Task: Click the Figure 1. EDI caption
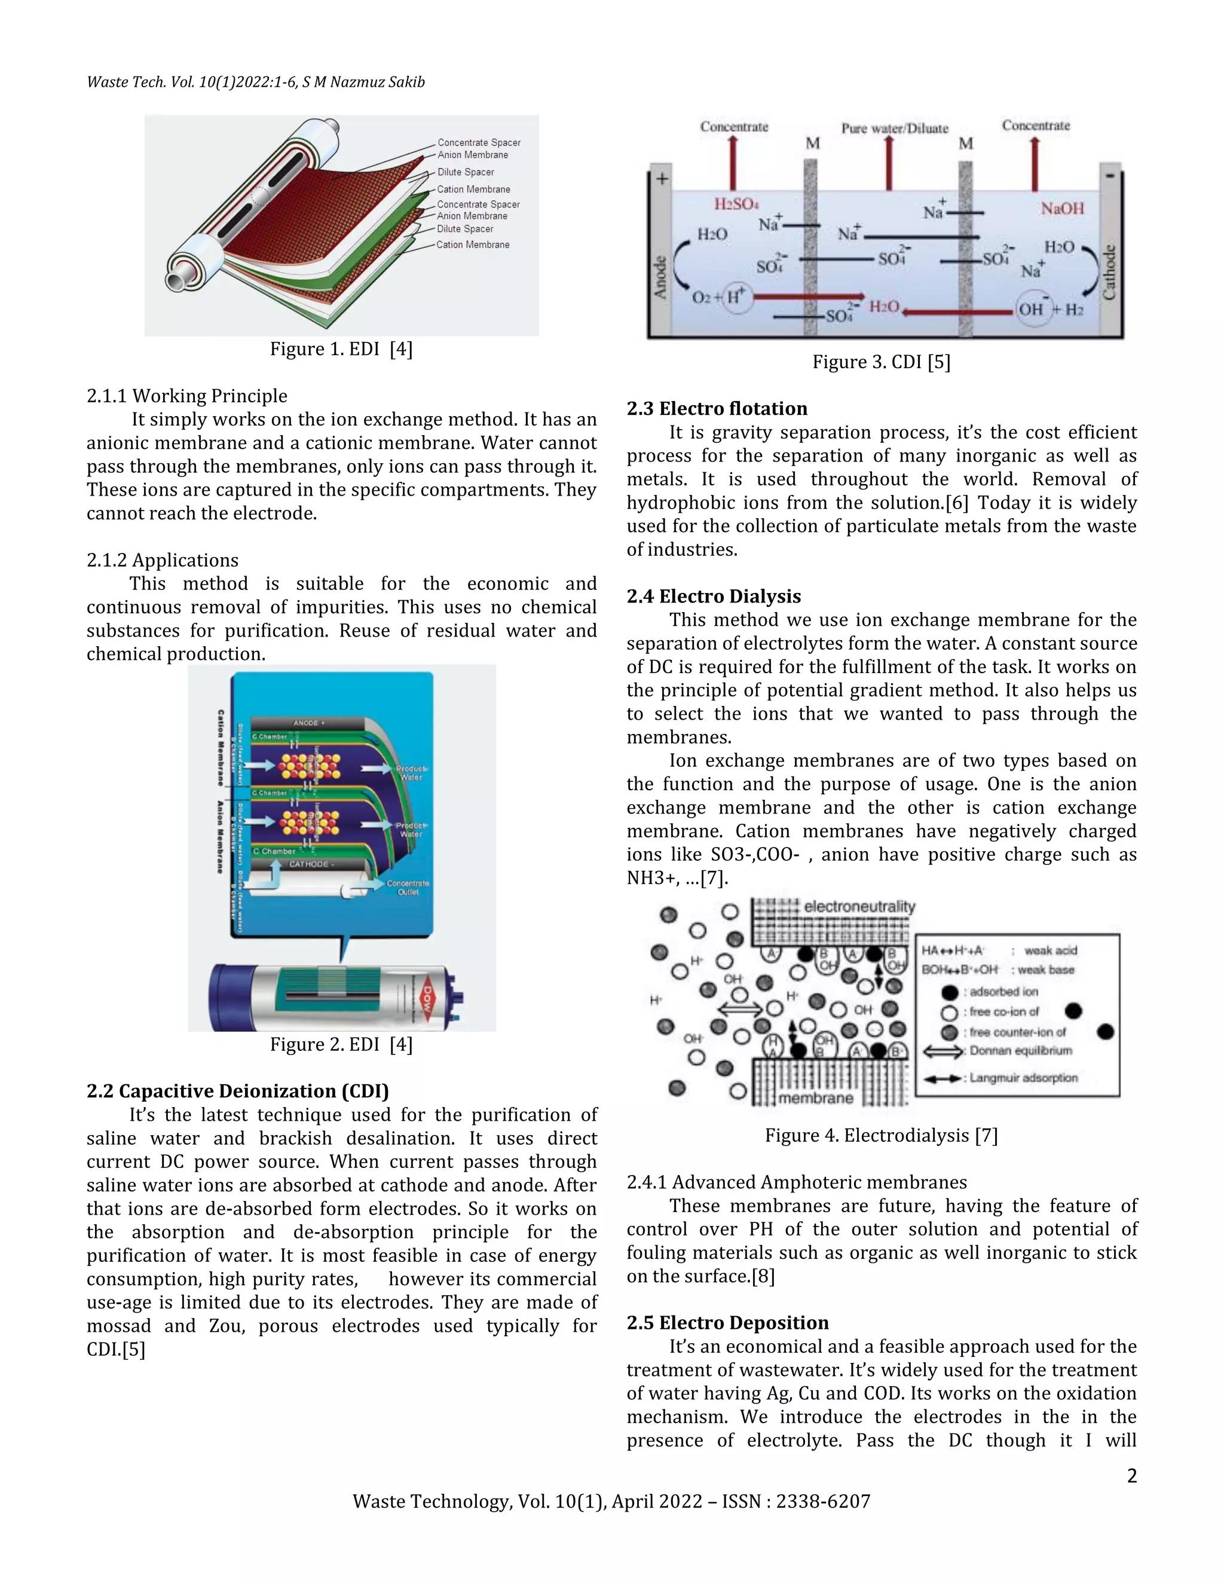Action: click(x=341, y=349)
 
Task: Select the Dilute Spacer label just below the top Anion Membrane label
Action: click(x=465, y=172)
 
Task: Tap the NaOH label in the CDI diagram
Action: click(x=1061, y=209)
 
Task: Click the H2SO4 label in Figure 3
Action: click(x=736, y=204)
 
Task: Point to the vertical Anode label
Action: click(x=660, y=277)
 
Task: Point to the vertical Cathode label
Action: click(x=1109, y=273)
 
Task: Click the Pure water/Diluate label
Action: click(x=894, y=129)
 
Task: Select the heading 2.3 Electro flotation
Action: click(x=717, y=408)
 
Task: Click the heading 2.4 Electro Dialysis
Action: click(x=714, y=596)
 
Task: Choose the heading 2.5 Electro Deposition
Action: click(x=727, y=1322)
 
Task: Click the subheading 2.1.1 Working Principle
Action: click(x=187, y=396)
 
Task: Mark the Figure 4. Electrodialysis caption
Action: click(x=881, y=1135)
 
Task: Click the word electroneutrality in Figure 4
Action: click(x=859, y=907)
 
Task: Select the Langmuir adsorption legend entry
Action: click(x=1023, y=1078)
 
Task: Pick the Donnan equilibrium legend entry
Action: click(x=1020, y=1050)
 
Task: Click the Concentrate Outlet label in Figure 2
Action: click(x=408, y=888)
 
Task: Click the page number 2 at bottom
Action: click(x=1131, y=1476)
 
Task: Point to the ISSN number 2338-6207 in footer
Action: click(x=822, y=1502)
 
